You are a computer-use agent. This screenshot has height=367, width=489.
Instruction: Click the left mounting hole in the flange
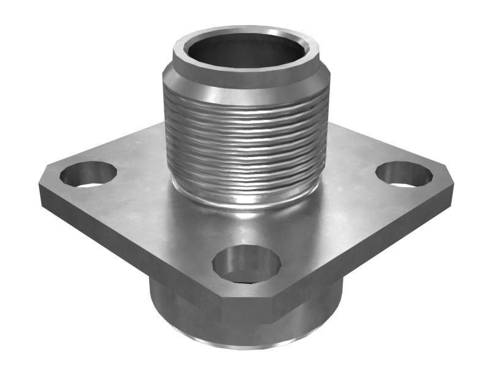pyautogui.click(x=88, y=174)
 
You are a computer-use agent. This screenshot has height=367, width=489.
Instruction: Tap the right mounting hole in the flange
pyautogui.click(x=404, y=174)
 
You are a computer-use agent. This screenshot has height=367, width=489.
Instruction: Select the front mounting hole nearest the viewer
pyautogui.click(x=246, y=264)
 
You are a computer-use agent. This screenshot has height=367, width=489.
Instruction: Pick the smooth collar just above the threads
pyautogui.click(x=244, y=86)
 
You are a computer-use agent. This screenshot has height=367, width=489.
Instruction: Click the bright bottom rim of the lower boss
pyautogui.click(x=244, y=346)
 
